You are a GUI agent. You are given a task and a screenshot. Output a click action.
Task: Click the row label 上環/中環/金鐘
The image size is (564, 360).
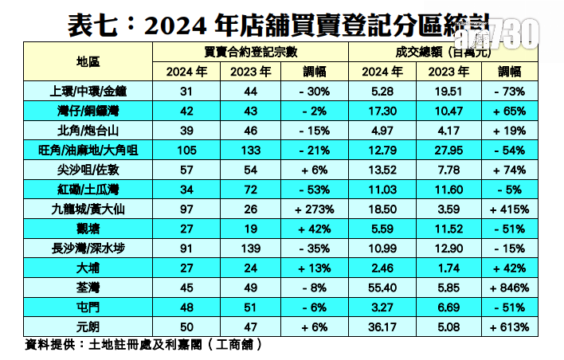pos(84,91)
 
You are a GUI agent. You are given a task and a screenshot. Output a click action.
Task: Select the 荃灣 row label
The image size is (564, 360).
pos(84,286)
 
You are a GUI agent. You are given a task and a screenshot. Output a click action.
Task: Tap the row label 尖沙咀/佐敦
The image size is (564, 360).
pos(84,169)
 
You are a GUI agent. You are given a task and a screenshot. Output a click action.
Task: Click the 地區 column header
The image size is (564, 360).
pos(84,61)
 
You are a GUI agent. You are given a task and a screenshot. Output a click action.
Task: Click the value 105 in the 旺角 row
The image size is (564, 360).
pos(186,149)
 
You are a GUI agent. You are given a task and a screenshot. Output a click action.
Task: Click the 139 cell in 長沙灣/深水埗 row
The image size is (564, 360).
pos(250,247)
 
